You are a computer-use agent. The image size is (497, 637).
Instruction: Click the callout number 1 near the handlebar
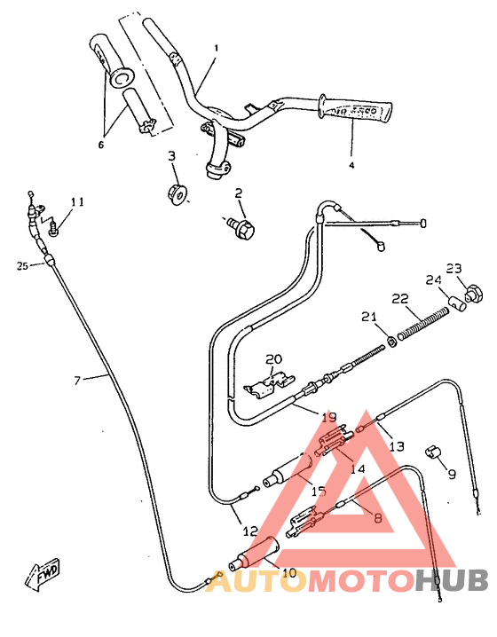point(216,47)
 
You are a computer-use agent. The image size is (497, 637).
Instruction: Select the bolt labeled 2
point(241,228)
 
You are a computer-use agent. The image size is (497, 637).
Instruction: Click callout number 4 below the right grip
point(351,164)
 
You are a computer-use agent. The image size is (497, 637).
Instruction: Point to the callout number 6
point(100,145)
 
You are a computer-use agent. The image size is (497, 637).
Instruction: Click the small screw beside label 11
point(54,227)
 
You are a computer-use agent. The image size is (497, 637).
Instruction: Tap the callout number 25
point(22,264)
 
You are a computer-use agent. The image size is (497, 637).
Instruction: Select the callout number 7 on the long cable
point(77,380)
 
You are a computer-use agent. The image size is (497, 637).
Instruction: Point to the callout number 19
point(329,415)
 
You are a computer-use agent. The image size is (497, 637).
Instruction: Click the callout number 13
point(397,446)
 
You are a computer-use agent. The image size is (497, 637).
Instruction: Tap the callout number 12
point(251,531)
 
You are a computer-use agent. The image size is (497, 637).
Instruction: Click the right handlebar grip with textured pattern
point(357,109)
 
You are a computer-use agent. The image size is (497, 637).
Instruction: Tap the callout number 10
point(288,572)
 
